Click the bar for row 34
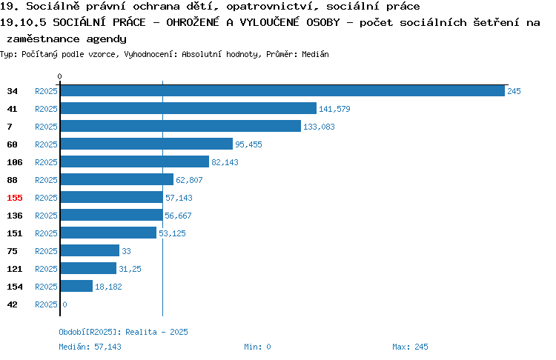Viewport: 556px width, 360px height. (x=282, y=90)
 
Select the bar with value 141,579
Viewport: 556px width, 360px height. (x=188, y=108)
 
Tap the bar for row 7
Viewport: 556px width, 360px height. (x=180, y=126)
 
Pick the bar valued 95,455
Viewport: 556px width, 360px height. (x=147, y=144)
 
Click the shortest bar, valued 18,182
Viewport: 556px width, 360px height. (x=76, y=286)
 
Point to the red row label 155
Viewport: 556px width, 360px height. (x=15, y=198)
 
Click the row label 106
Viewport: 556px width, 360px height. (x=15, y=162)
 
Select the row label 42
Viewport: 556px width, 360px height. (x=12, y=304)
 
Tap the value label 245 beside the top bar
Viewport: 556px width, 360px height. (x=514, y=91)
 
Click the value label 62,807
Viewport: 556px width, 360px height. (x=189, y=180)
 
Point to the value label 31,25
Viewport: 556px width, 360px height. (x=130, y=269)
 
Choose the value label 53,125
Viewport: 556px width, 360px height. (x=172, y=233)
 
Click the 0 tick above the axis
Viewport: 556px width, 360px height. (x=59, y=76)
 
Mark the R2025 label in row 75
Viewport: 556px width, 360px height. (x=46, y=251)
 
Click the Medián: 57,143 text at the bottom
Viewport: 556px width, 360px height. (x=90, y=347)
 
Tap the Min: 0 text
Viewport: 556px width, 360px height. (x=257, y=347)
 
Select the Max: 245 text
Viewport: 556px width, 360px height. (x=410, y=347)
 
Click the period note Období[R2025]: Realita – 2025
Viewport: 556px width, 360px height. (x=123, y=332)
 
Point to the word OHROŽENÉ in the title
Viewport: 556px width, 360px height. (x=193, y=22)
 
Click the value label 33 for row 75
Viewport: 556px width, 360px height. (x=126, y=251)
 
